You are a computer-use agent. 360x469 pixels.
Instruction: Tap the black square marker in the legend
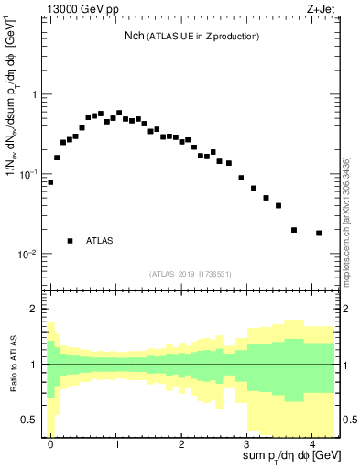[x=70, y=241]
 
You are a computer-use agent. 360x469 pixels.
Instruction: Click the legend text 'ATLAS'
[x=99, y=241]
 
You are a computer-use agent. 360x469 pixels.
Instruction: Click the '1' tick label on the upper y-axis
[x=35, y=94]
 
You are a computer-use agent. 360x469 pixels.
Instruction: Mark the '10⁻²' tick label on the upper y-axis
[x=29, y=255]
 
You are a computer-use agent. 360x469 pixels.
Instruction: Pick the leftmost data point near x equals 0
[x=50, y=181]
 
